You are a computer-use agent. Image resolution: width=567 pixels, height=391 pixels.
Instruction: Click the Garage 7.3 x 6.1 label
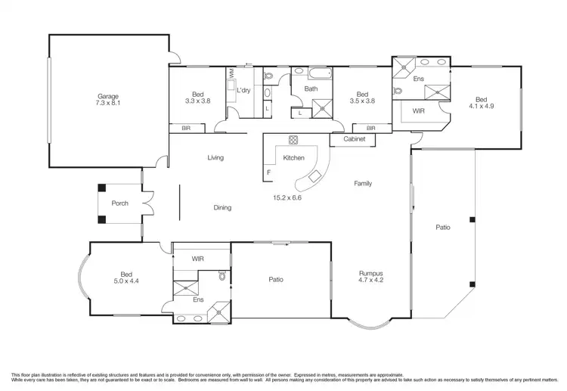(109, 99)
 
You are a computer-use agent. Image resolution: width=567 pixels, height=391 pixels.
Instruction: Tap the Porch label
(119, 203)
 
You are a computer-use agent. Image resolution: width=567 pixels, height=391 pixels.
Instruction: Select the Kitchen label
(293, 158)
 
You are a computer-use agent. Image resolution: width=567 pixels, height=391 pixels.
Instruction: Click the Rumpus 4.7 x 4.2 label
(370, 276)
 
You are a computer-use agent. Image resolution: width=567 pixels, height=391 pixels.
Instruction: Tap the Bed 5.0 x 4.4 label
(126, 278)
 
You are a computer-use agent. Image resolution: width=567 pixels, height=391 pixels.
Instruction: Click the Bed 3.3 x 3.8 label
(197, 98)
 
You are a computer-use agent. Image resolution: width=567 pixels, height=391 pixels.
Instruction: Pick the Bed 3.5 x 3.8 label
(362, 98)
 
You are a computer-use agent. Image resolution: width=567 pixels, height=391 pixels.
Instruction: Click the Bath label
(311, 88)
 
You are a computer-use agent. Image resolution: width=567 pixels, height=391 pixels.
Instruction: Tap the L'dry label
(243, 91)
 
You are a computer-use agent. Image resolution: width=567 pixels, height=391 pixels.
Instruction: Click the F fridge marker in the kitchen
(268, 173)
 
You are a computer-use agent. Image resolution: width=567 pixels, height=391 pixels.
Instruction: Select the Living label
(216, 158)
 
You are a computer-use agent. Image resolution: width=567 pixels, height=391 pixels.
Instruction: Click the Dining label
(222, 208)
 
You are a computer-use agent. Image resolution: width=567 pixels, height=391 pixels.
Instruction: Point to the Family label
(362, 184)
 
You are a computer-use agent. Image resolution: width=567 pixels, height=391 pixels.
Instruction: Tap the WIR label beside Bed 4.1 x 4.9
(418, 110)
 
